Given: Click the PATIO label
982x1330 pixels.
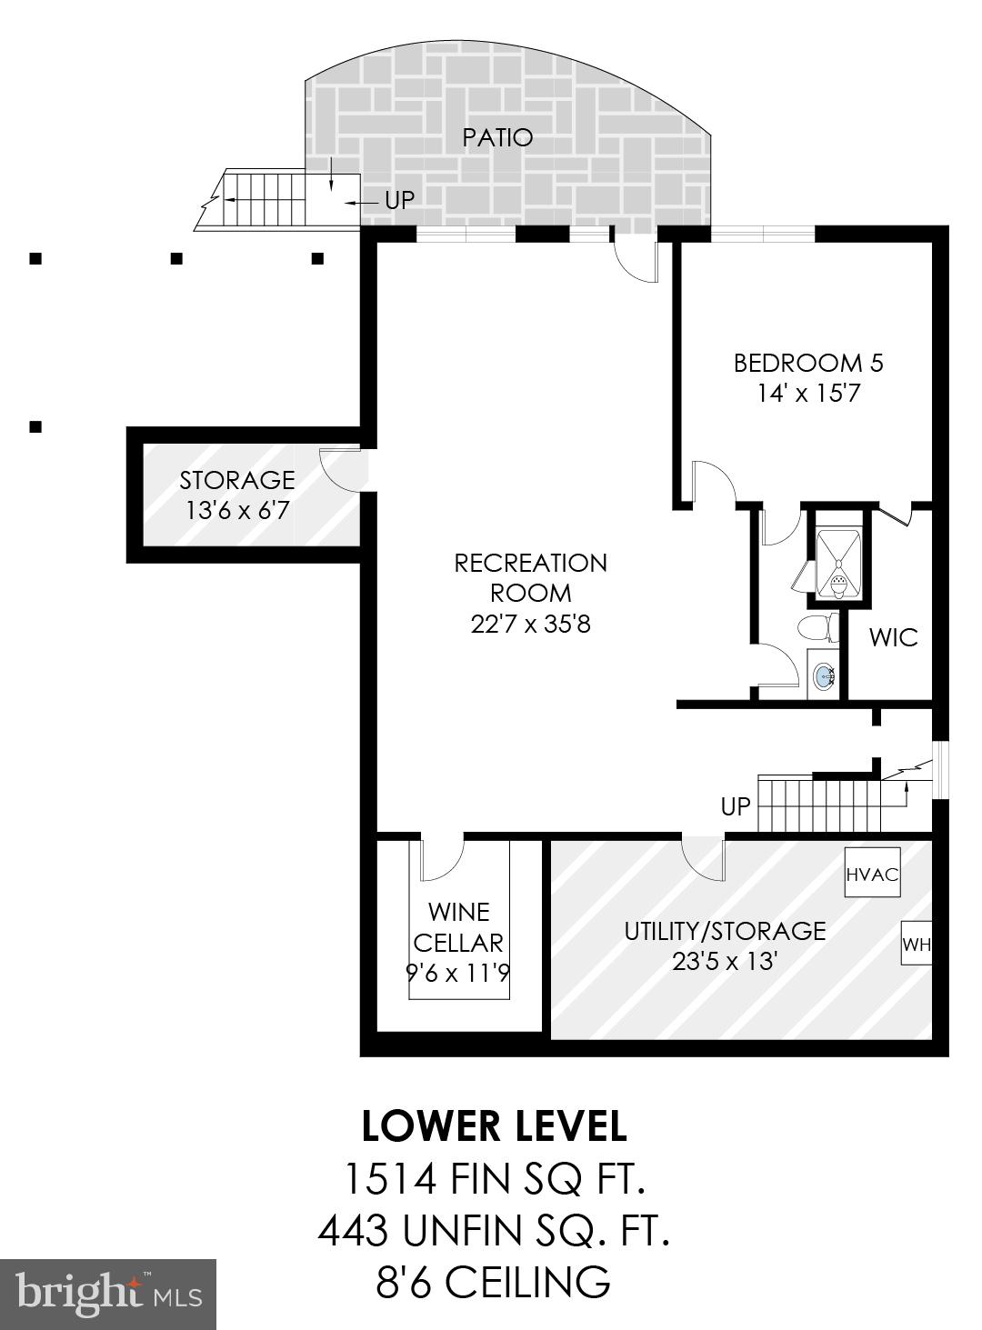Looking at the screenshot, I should pos(497,138).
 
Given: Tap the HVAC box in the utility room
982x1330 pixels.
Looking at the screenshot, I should pos(872,875).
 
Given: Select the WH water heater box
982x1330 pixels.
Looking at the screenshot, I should pos(917,945).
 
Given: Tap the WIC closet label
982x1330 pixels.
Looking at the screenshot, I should pos(893,637).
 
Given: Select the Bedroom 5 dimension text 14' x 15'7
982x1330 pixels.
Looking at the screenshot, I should pos(808,394).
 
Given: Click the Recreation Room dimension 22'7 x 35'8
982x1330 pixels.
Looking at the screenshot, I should pos(530,624).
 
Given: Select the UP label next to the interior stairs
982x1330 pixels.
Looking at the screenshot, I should pos(736,806).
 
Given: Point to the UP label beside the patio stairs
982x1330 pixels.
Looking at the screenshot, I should pos(398,201).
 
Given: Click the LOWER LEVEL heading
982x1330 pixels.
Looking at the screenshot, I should pos(494,1126).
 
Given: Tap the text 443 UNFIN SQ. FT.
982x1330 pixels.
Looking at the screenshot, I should pos(494,1232).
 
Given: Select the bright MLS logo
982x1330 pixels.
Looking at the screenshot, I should pos(108,1294).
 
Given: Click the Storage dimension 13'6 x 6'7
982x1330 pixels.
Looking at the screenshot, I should pos(237,510).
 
